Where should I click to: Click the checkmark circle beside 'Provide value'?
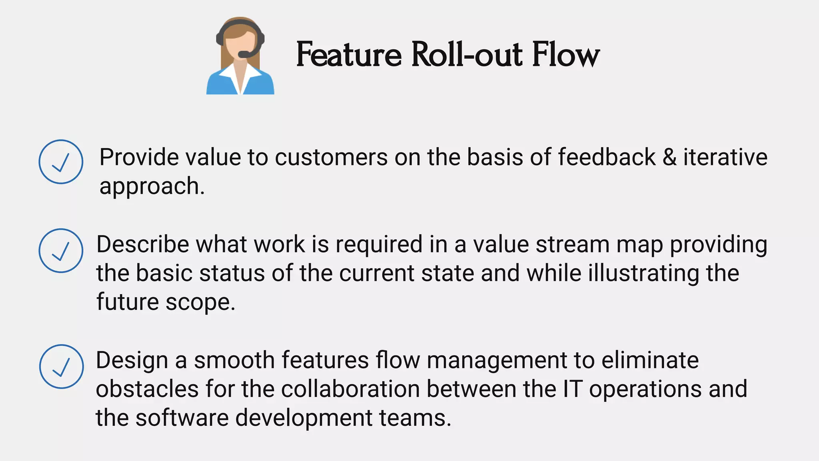(x=61, y=162)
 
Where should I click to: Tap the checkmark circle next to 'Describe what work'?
(x=61, y=251)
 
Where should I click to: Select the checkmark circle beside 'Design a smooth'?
(x=61, y=367)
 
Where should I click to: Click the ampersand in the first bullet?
(x=669, y=157)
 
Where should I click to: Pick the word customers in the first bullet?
(x=331, y=157)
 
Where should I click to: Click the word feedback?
(x=607, y=157)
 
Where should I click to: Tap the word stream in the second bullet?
(x=573, y=244)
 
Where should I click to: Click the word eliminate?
(x=650, y=360)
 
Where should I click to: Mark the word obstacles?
(x=147, y=389)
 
